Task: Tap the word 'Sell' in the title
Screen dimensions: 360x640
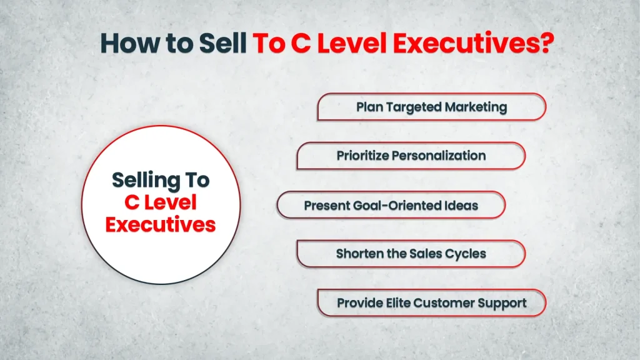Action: point(222,44)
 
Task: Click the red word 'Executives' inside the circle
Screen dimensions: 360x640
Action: point(161,224)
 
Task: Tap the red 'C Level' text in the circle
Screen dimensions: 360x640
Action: point(161,202)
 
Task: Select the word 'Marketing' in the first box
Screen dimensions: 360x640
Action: point(477,107)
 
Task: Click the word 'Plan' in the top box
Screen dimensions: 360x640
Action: point(369,107)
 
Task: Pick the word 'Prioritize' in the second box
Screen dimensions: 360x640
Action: point(362,156)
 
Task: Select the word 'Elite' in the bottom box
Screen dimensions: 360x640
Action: point(397,303)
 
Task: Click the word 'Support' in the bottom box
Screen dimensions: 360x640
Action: point(502,303)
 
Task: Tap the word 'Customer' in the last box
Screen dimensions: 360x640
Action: point(444,303)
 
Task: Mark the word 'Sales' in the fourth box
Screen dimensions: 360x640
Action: point(427,254)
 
